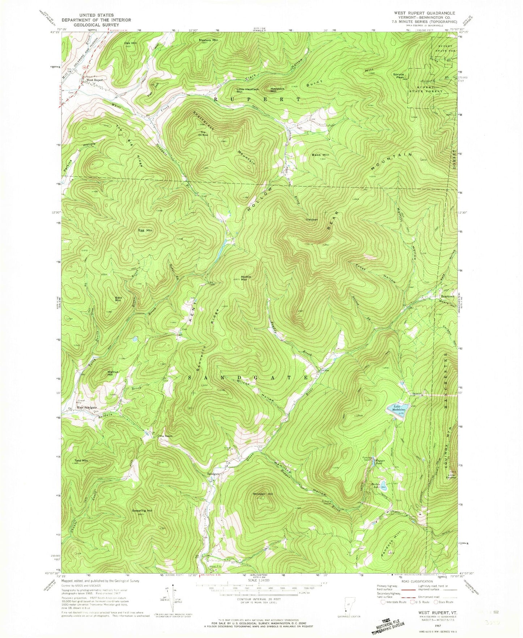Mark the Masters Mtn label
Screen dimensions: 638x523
click(208, 40)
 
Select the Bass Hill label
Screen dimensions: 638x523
click(321, 155)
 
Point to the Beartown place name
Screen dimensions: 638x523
click(447, 296)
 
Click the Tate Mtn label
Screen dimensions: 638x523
click(81, 461)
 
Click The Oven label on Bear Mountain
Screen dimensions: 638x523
click(312, 220)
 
